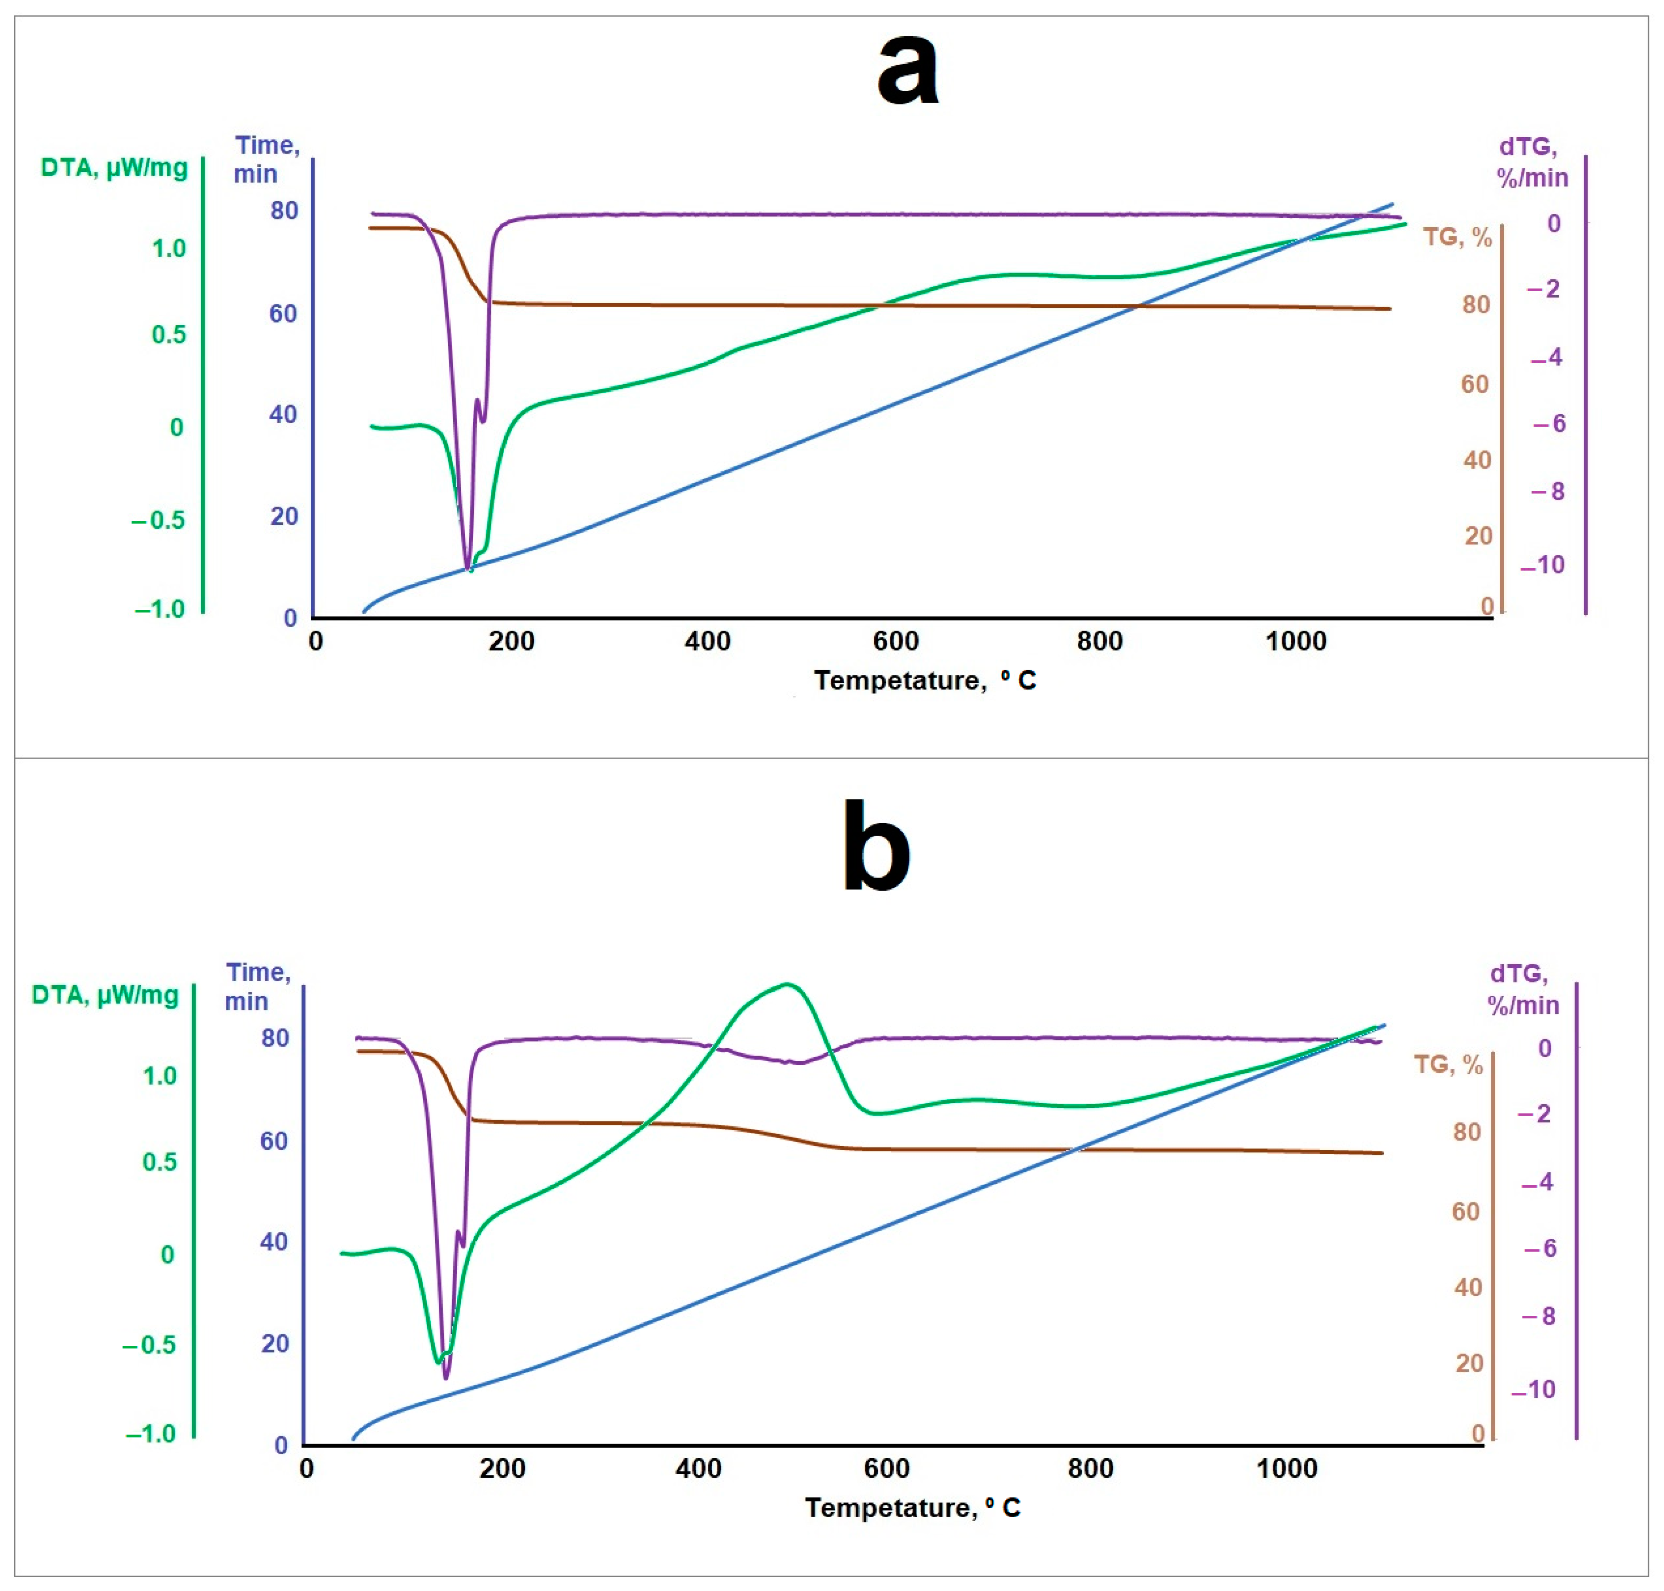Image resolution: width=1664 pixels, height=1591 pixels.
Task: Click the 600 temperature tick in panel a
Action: (x=896, y=641)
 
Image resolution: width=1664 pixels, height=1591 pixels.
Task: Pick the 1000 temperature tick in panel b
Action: (x=1286, y=1468)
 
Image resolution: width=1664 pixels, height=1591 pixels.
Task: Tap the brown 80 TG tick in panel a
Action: (x=1476, y=304)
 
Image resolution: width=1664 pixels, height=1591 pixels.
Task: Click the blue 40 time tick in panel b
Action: (x=274, y=1241)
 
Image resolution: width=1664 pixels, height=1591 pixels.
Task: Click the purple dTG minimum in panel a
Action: (x=467, y=570)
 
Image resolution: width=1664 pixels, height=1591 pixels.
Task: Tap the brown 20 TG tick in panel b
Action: (x=1469, y=1363)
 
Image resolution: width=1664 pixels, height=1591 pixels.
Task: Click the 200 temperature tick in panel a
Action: (x=511, y=641)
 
